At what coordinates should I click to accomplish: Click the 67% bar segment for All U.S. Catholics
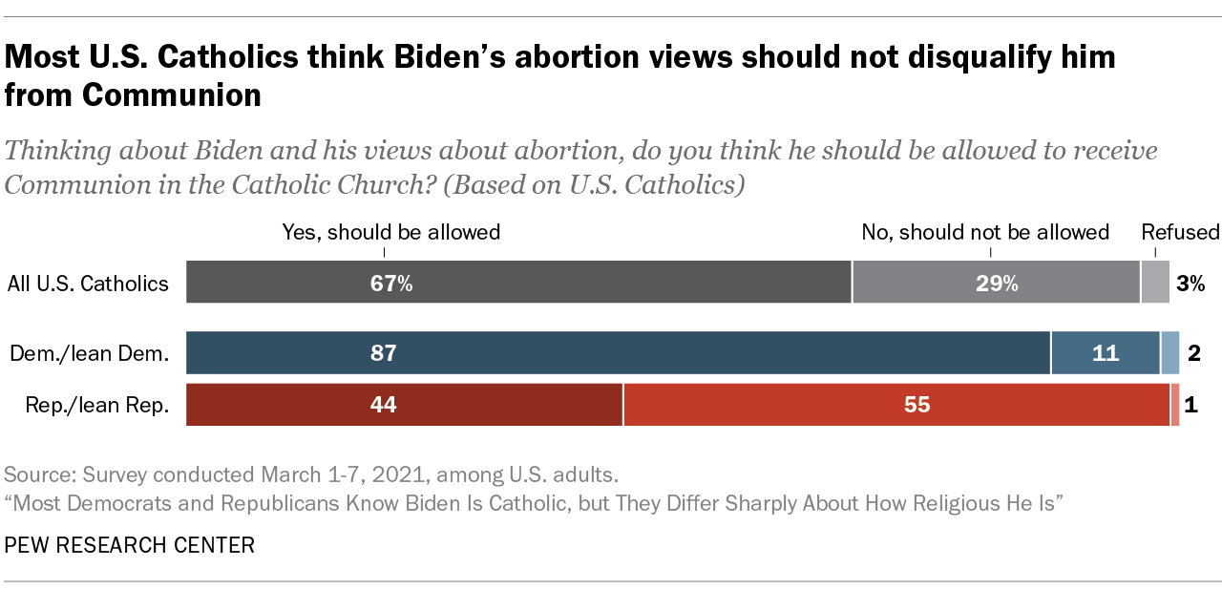click(518, 284)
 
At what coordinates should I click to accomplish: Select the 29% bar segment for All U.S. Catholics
click(996, 284)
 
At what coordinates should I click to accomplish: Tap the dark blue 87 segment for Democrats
click(618, 353)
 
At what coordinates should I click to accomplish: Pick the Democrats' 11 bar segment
click(1105, 353)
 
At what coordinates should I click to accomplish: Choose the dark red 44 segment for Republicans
click(404, 405)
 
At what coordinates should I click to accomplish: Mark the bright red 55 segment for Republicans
click(896, 405)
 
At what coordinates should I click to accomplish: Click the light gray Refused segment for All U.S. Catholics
click(1155, 284)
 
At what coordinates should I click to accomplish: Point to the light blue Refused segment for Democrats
click(1170, 353)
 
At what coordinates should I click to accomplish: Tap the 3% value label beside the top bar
click(1190, 284)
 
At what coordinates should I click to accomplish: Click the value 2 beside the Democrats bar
click(1193, 354)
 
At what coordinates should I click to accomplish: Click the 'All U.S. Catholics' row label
click(88, 284)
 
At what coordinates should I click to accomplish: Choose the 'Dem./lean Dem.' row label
click(89, 354)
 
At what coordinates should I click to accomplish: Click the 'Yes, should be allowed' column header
click(391, 232)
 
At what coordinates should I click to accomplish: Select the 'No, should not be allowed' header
click(985, 232)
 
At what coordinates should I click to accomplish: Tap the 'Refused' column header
click(1180, 232)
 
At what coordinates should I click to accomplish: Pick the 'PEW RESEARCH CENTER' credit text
click(130, 545)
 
